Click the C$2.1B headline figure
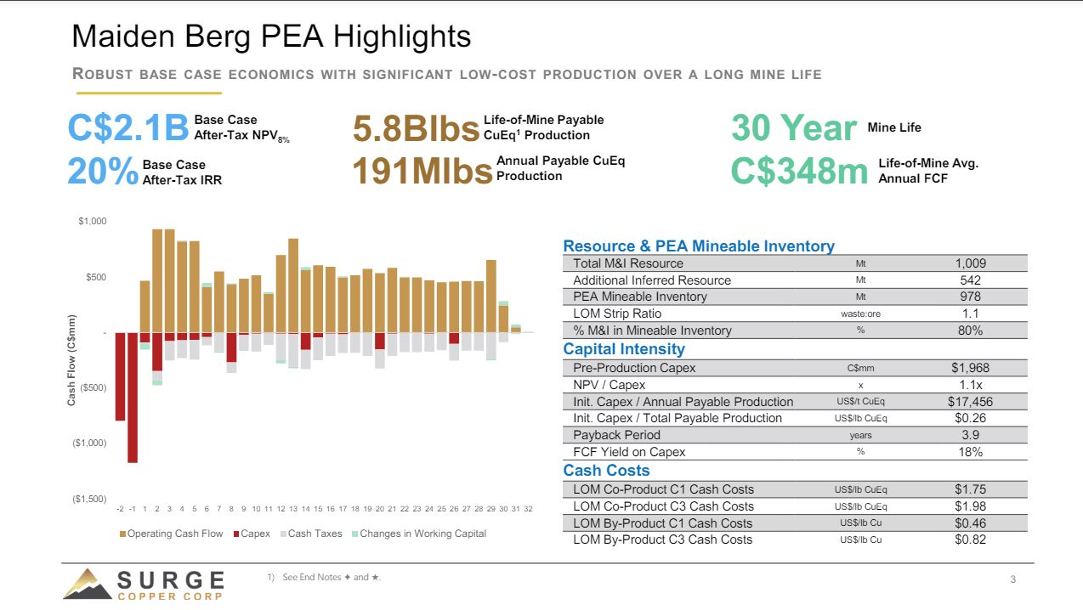tap(128, 127)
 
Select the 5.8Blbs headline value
tap(415, 129)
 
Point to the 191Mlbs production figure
tap(422, 171)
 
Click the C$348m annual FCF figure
tap(799, 171)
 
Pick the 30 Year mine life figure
tap(793, 128)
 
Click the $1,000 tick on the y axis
tap(93, 222)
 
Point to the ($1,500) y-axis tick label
tap(89, 499)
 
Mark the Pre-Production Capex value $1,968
tap(969, 368)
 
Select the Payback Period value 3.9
tap(970, 435)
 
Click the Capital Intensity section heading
tap(623, 349)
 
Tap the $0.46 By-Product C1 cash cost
tap(970, 522)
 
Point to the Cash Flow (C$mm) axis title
tap(72, 359)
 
